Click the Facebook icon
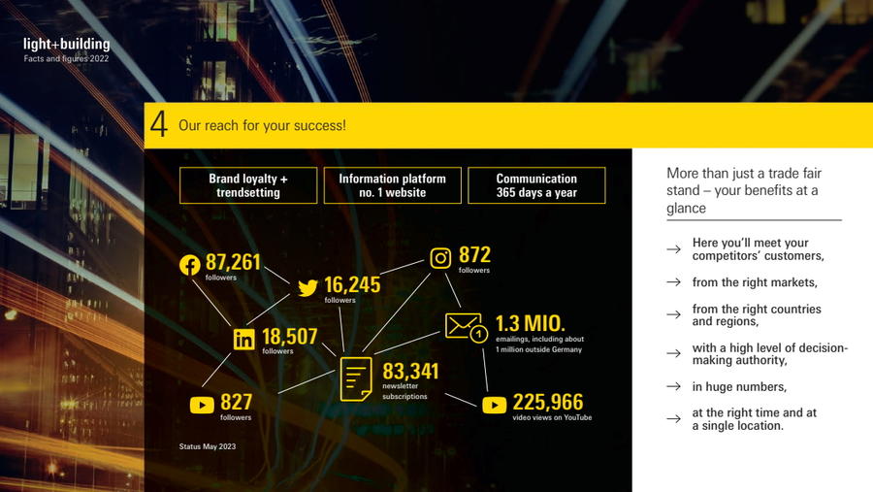[190, 265]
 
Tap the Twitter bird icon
[307, 287]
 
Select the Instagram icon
[440, 258]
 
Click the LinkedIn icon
[243, 339]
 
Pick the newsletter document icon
[356, 379]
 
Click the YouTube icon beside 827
[202, 405]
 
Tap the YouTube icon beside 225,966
[494, 405]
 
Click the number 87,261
[233, 262]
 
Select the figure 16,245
[352, 284]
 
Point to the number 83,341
[410, 372]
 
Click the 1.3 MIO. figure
[530, 324]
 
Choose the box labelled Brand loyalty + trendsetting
[248, 185]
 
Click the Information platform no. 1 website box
[393, 185]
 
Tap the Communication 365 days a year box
[536, 185]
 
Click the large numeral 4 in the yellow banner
[159, 124]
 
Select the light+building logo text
[67, 44]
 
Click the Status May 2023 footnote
[208, 446]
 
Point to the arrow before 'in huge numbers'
[674, 386]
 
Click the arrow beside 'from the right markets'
[674, 282]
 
